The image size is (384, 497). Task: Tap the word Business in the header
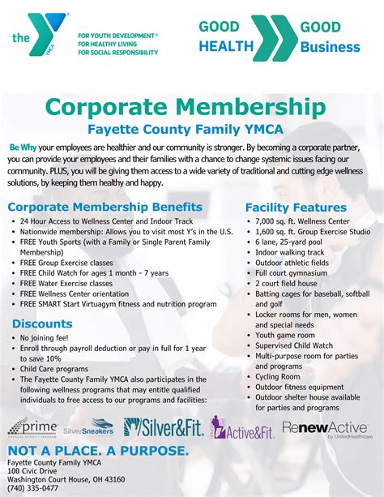330,47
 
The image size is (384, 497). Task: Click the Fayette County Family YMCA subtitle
191,128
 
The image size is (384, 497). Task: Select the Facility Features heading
296,208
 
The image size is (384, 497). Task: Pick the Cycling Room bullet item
278,376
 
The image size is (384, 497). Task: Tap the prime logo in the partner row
32,426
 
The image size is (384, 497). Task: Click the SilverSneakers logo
88,426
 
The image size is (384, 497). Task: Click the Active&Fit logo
242,427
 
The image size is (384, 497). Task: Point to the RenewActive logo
325,427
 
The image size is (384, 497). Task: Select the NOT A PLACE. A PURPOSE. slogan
99,451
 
